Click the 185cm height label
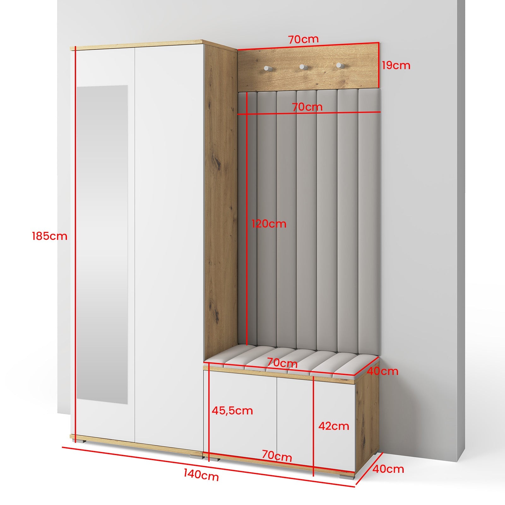tap(50, 236)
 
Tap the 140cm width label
tap(201, 475)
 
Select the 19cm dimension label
tap(396, 65)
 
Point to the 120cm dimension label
tap(269, 224)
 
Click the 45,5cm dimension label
tap(232, 410)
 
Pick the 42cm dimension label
tap(334, 426)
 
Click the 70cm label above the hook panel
tap(303, 39)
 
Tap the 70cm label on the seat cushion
tap(282, 363)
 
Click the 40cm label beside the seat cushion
tap(382, 371)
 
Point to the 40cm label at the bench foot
tap(388, 469)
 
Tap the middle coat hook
tap(303, 67)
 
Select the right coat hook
tap(339, 65)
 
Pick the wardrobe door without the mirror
tap(169, 246)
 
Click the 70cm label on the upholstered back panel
tap(307, 107)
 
